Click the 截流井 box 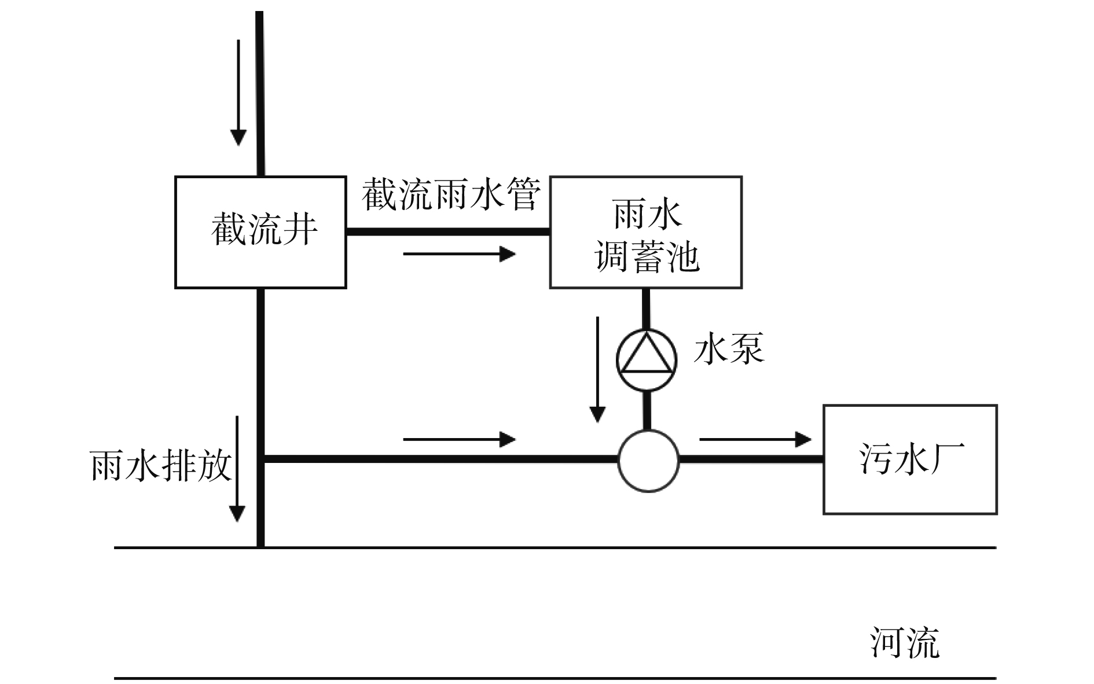[x=260, y=231]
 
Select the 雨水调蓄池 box [x=645, y=231]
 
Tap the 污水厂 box [x=910, y=459]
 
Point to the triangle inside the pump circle [x=646, y=354]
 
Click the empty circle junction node [x=648, y=461]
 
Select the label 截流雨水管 [x=451, y=194]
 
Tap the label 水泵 [x=729, y=348]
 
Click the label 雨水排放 [x=160, y=465]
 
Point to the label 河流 [x=904, y=642]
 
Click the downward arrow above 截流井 [x=238, y=93]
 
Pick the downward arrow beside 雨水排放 [x=237, y=469]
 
